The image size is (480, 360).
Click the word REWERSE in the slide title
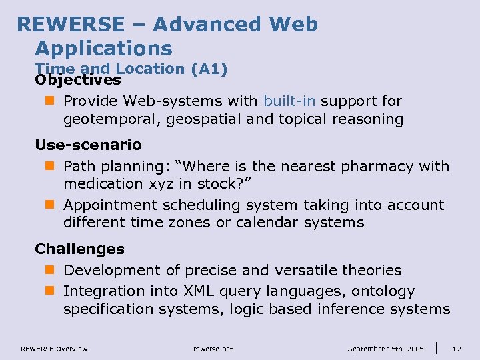71,25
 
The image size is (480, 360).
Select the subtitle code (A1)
209,69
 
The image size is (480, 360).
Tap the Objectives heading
78,80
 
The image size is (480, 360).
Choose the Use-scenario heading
88,145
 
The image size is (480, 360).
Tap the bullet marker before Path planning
53,166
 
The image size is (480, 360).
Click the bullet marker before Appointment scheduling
53,205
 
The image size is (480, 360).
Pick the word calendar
269,222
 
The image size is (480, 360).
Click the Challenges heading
79,249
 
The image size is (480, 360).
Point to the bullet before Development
53,271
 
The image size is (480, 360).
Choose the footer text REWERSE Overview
54,349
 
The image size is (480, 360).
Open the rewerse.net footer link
213,349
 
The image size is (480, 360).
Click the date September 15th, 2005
387,349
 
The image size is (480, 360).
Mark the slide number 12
456,349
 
